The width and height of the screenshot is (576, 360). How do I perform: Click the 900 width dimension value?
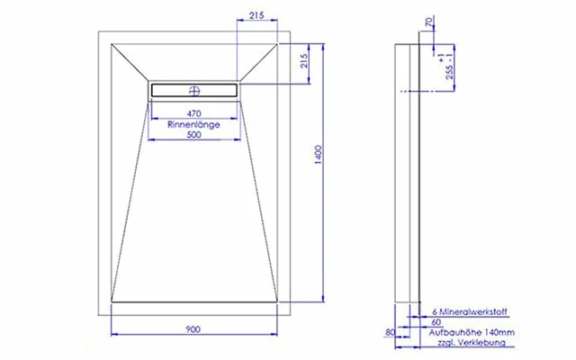[193, 329]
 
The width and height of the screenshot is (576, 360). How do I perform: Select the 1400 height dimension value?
[319, 155]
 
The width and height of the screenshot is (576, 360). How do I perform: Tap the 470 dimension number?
[194, 113]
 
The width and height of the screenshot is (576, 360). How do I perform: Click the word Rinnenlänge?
[193, 124]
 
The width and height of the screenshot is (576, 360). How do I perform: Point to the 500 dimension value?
[194, 135]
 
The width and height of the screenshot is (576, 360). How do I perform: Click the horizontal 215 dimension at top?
[256, 15]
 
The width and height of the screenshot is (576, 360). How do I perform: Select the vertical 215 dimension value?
[303, 61]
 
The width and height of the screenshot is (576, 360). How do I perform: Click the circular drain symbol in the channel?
[194, 90]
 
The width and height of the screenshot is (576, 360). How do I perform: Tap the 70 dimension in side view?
[429, 22]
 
